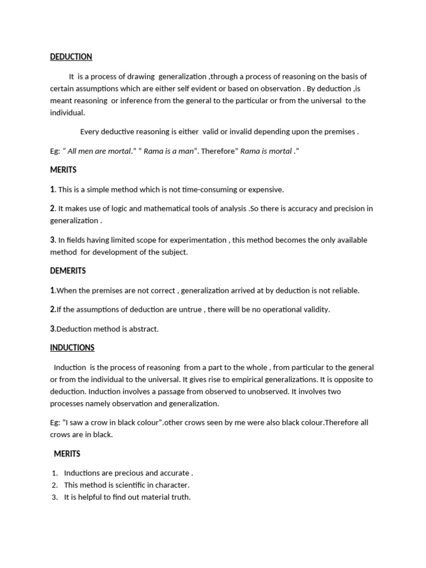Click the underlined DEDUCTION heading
click(71, 57)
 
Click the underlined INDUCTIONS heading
click(72, 348)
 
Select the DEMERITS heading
click(68, 271)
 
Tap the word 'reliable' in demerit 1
click(345, 291)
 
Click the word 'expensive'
click(266, 190)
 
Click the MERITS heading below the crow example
click(67, 454)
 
